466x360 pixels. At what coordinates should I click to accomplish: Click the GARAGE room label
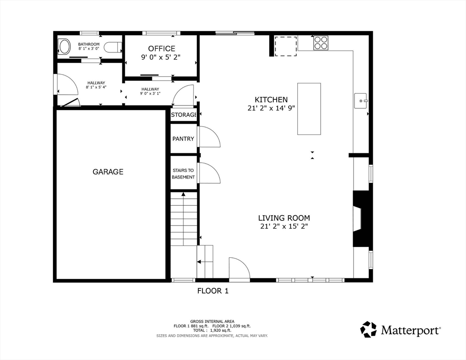(x=108, y=172)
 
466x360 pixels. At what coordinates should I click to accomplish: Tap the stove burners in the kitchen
(x=321, y=43)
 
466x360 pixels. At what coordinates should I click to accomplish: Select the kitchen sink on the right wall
(x=361, y=101)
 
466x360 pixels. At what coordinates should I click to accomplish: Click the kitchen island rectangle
(x=309, y=109)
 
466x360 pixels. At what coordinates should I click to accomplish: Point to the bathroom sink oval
(x=64, y=47)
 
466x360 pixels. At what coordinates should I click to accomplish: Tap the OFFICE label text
(x=162, y=48)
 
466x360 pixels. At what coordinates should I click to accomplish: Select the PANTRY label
(x=183, y=139)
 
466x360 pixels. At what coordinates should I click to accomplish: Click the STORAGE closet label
(x=183, y=115)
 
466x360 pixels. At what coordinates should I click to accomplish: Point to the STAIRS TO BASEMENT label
(x=183, y=173)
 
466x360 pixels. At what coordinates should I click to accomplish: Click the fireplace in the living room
(x=361, y=219)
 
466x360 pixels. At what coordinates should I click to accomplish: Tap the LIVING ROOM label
(x=284, y=218)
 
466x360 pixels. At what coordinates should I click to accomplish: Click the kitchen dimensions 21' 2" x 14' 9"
(x=271, y=108)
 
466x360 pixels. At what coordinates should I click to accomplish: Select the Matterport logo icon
(x=368, y=330)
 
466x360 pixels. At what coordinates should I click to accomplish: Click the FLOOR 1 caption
(x=213, y=291)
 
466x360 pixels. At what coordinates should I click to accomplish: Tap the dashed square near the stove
(x=286, y=46)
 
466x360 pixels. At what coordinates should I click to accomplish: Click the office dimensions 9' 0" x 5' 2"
(x=161, y=57)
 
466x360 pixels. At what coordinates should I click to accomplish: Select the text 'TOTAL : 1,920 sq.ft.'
(x=212, y=330)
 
